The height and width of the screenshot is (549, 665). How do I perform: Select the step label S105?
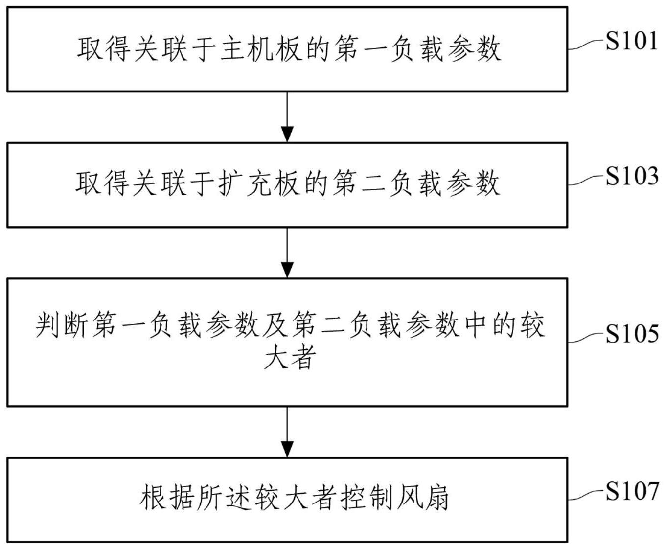tap(631, 334)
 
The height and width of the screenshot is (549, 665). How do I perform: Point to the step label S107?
tap(631, 491)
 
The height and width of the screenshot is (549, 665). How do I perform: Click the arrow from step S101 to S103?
tap(287, 117)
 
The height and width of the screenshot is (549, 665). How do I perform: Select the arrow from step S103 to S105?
tap(287, 253)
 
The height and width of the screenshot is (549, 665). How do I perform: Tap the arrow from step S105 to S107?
tap(287, 432)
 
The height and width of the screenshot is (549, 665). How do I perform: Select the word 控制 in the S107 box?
tap(367, 499)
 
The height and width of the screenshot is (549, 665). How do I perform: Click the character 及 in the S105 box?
tap(276, 325)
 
